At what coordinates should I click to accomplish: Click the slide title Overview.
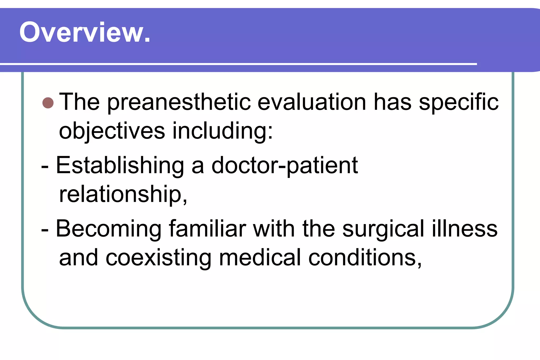(x=85, y=32)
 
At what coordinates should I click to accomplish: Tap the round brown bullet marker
(x=48, y=103)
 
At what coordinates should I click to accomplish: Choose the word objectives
(x=112, y=131)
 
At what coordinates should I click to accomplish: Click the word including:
(x=223, y=131)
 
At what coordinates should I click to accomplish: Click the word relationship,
(x=123, y=194)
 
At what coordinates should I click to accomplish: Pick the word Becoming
(x=109, y=229)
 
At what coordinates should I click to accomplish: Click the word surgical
(x=383, y=229)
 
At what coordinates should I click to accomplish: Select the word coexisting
(x=158, y=258)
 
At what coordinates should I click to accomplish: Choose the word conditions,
(x=365, y=258)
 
